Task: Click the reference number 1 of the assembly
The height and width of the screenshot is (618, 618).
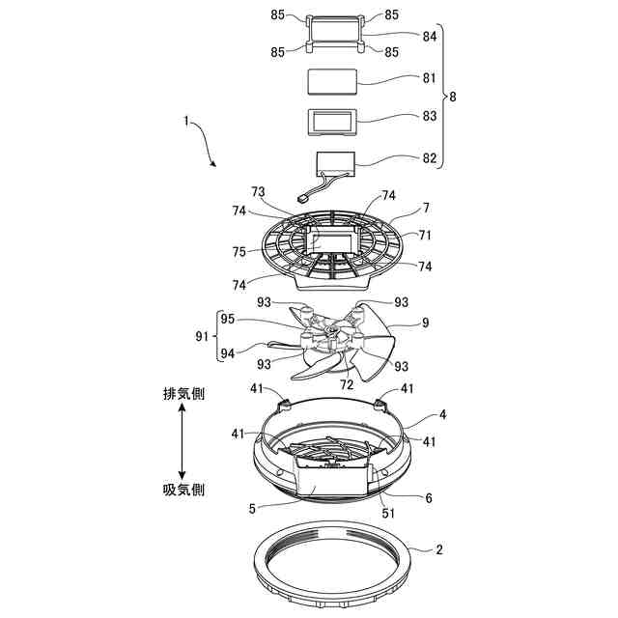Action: (x=185, y=122)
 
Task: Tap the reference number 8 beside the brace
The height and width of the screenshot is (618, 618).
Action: (x=453, y=97)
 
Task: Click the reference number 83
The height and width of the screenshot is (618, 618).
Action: (x=430, y=116)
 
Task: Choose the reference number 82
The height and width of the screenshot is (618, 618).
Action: (x=430, y=157)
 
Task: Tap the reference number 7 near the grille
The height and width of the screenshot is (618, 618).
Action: (x=426, y=208)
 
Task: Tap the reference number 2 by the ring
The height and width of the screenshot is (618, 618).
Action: (x=439, y=550)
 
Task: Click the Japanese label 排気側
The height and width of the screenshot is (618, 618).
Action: (x=183, y=394)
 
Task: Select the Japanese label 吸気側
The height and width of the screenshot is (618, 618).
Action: (x=183, y=490)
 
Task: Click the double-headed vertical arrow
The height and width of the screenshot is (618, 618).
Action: (x=183, y=441)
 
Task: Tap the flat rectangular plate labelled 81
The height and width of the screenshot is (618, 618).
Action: (x=331, y=81)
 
